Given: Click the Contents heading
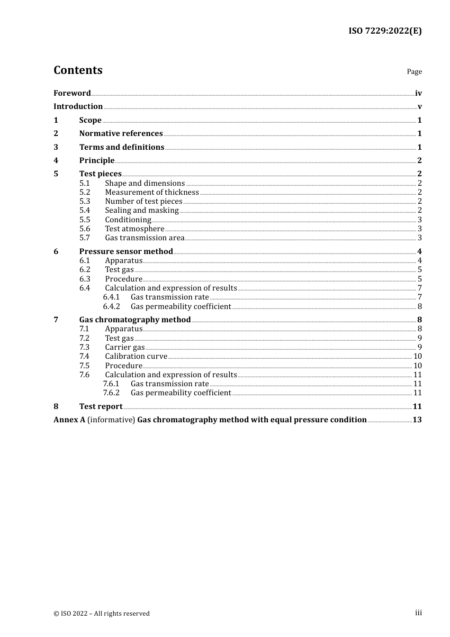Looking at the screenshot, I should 78,70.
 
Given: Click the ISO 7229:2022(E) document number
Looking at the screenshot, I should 385,31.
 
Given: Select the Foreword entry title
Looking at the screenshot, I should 72,93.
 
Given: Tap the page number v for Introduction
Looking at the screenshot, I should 419,107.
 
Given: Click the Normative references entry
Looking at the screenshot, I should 121,134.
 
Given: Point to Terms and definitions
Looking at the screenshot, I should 122,147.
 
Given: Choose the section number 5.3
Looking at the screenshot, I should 85,201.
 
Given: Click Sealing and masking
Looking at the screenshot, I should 142,210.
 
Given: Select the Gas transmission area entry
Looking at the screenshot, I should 144,238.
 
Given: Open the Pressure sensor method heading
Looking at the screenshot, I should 126,252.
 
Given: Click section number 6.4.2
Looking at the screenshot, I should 111,307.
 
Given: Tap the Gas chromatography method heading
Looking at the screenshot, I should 135,320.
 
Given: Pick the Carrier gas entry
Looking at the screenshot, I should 125,347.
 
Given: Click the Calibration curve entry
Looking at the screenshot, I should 136,356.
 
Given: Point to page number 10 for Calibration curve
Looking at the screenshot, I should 417,356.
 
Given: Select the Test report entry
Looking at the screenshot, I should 101,407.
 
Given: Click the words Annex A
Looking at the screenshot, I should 69,420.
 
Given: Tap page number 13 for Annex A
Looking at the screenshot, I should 417,420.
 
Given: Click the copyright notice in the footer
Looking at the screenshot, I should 101,613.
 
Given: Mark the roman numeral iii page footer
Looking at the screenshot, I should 418,613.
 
